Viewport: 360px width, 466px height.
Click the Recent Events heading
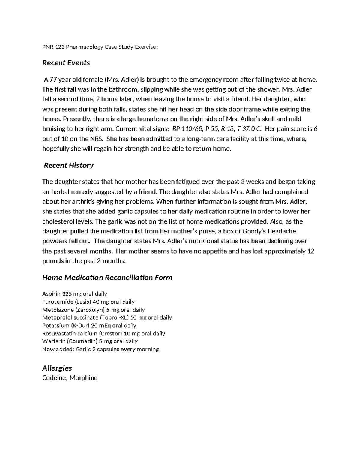66,63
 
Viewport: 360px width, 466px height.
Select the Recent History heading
69,165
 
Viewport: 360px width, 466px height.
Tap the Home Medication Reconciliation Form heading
107,278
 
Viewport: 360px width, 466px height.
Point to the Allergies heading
57,368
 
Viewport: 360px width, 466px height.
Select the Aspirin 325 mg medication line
75,294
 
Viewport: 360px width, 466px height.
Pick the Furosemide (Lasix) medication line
88,302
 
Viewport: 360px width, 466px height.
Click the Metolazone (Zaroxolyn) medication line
94,310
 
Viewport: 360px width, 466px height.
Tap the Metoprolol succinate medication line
107,317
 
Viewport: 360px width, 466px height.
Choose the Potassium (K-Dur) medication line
89,326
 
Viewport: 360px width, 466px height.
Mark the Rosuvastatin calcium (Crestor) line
104,333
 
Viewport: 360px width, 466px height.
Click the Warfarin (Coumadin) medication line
90,341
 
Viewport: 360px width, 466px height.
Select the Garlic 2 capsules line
101,349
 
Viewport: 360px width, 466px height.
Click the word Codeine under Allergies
54,378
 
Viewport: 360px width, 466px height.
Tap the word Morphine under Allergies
84,378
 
